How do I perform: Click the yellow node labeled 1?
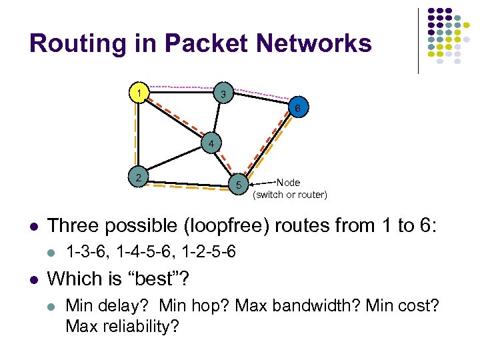(139, 93)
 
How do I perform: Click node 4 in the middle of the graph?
(210, 144)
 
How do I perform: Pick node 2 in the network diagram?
(137, 177)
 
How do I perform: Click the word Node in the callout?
(288, 182)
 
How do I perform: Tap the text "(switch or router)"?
(290, 195)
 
